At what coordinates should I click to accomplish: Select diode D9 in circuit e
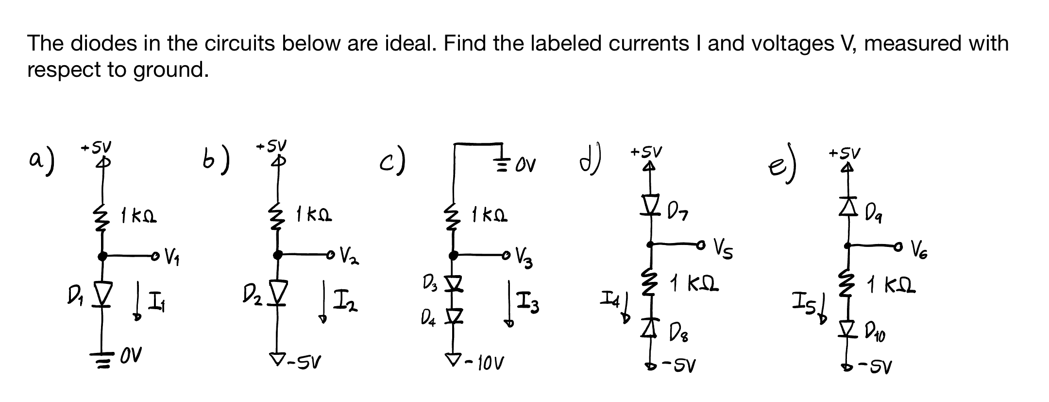pyautogui.click(x=848, y=208)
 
